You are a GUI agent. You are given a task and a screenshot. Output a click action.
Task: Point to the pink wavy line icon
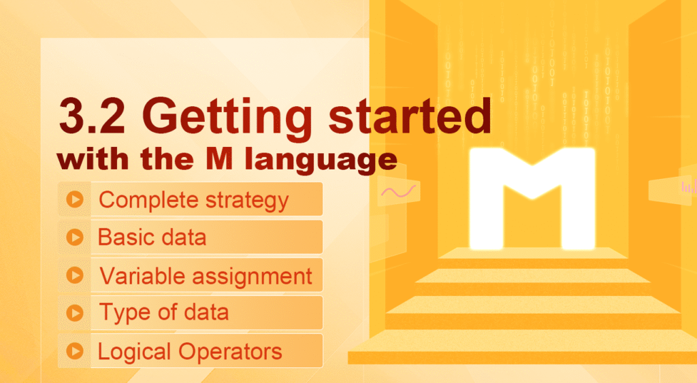click(x=398, y=192)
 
